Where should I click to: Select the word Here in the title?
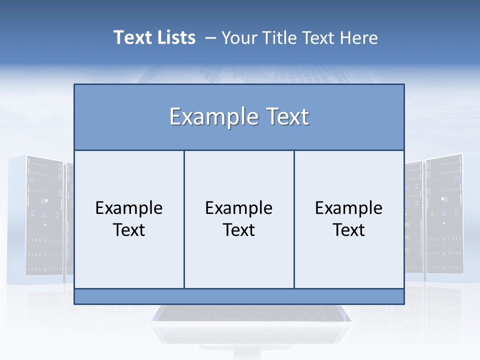point(358,37)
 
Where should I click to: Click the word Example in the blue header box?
point(209,117)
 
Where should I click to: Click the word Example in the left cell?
point(129,208)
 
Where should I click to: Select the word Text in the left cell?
point(129,230)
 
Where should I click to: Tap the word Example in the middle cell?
point(239,208)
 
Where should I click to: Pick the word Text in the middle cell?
point(239,230)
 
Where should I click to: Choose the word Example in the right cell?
point(349,208)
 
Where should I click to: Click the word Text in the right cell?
point(349,230)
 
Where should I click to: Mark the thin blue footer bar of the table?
point(239,296)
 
